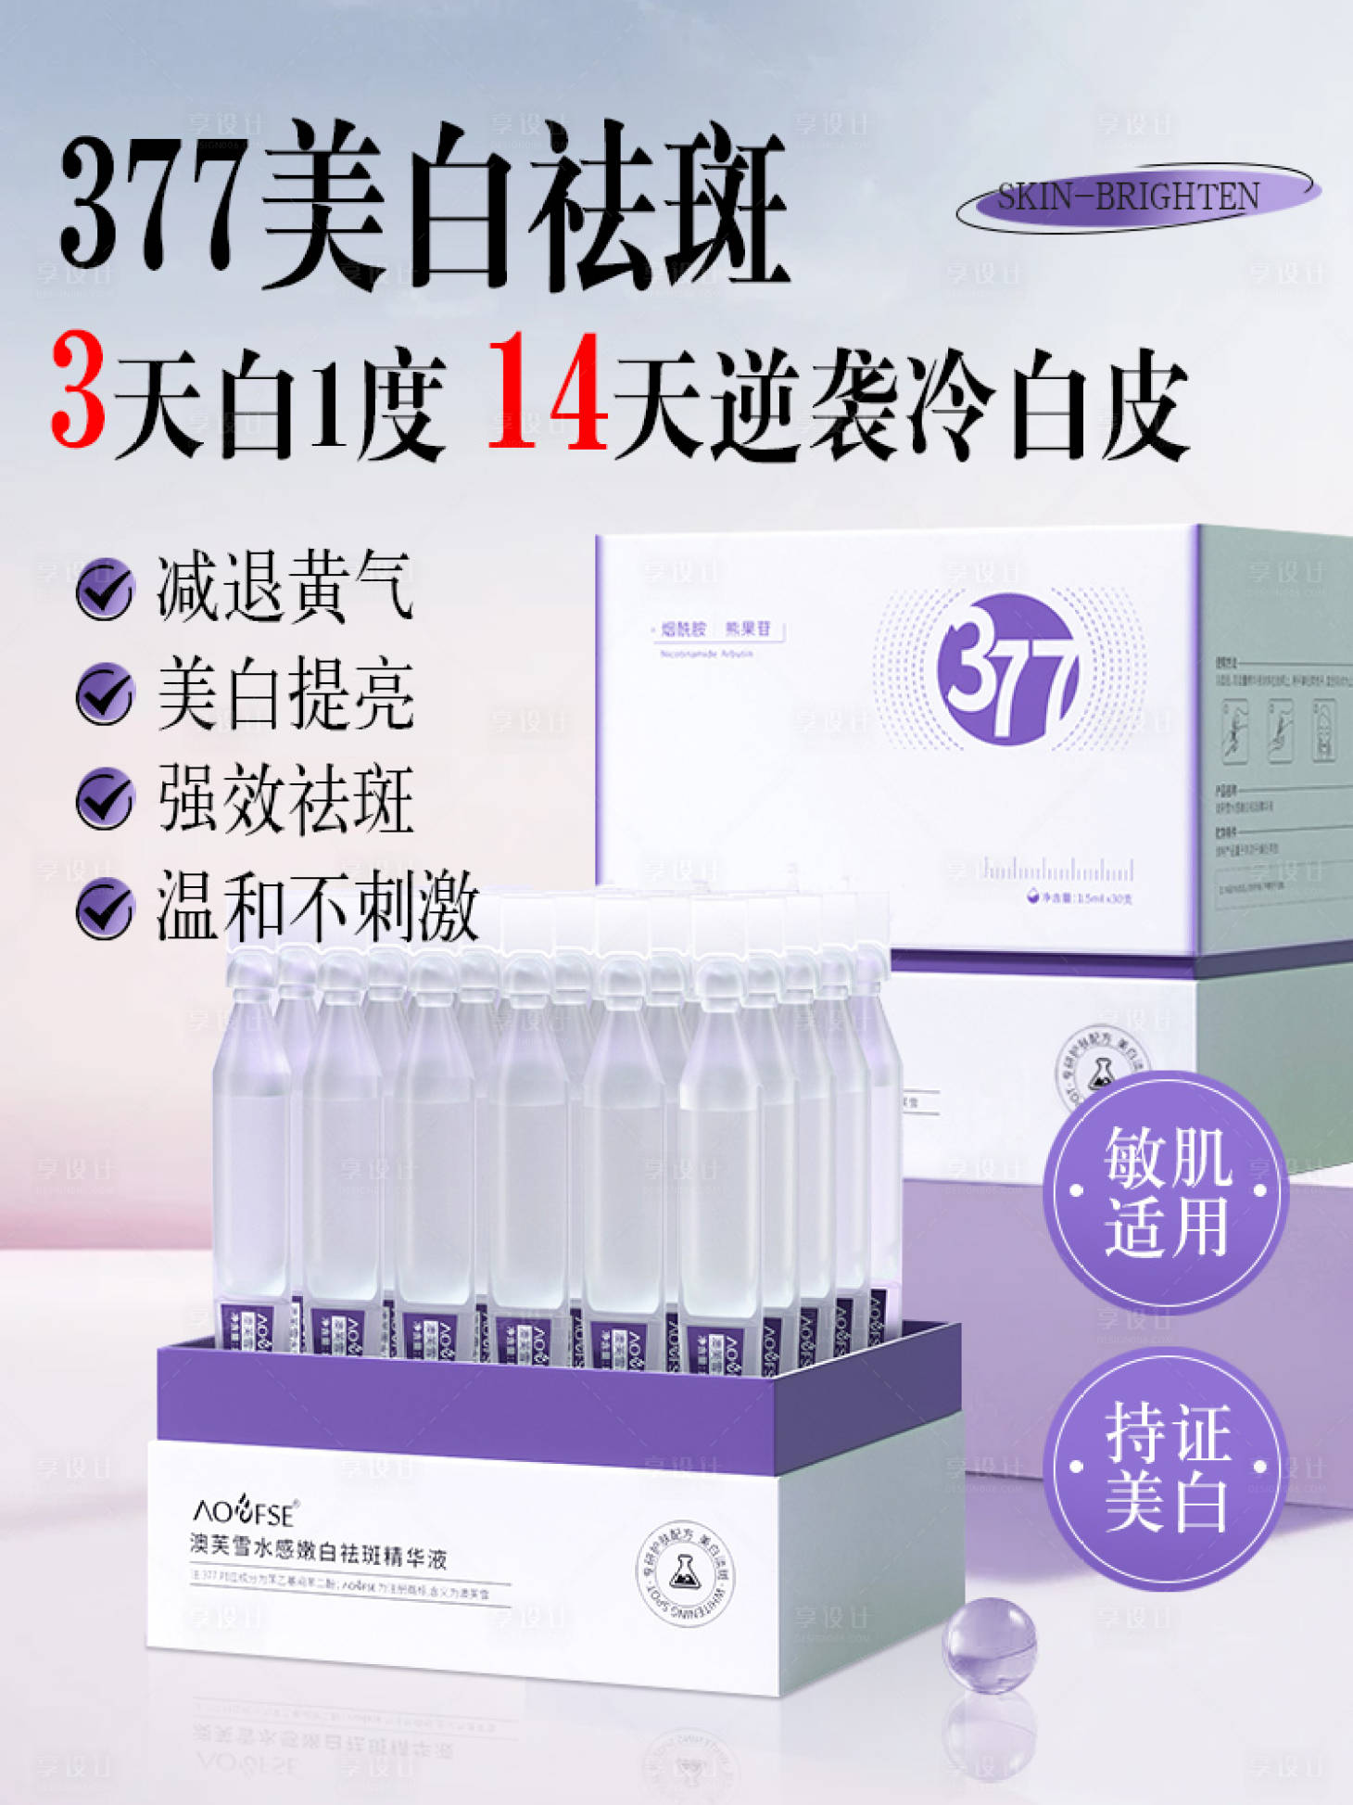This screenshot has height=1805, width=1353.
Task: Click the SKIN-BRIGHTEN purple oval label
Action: (x=1138, y=197)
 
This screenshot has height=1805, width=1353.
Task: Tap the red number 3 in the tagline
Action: (x=78, y=391)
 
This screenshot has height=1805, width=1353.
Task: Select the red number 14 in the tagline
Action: (x=548, y=391)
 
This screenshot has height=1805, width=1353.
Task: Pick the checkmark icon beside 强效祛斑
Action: (x=104, y=798)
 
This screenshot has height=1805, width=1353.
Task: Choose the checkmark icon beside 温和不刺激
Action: (x=104, y=907)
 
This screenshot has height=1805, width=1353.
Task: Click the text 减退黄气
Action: (x=285, y=586)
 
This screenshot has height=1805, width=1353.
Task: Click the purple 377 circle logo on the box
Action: (x=1007, y=668)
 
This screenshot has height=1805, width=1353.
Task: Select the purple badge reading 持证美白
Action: (x=1166, y=1468)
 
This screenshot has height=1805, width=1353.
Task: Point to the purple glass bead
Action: (x=989, y=1645)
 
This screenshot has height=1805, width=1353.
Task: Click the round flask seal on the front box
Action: (x=685, y=1573)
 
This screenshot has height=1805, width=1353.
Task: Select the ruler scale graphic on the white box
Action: (x=1057, y=870)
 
